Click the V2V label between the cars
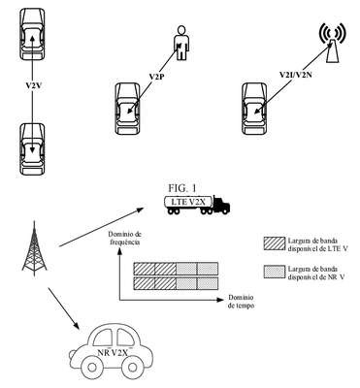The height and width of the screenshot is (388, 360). tap(34, 86)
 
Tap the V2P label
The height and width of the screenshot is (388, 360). tap(156, 77)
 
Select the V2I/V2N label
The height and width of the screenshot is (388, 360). tap(296, 75)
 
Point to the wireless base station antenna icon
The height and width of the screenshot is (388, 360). tap(332, 43)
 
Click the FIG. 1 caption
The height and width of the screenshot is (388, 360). tap(182, 188)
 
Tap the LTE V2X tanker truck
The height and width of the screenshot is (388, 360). tap(197, 205)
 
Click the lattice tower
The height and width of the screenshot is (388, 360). tap(34, 248)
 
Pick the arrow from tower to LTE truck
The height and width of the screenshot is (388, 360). tap(101, 227)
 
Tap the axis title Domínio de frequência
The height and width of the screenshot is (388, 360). tap(125, 238)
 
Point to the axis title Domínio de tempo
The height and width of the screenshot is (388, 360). tap(241, 302)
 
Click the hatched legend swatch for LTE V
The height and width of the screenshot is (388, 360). tap(274, 243)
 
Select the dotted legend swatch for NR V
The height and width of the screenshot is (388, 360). tap(274, 272)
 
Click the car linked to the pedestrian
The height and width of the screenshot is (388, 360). tap(128, 109)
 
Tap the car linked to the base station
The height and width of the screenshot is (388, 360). tap(255, 109)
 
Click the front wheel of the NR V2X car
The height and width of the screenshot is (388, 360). tap(133, 367)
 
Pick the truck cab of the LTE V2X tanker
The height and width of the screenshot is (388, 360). tap(221, 205)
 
